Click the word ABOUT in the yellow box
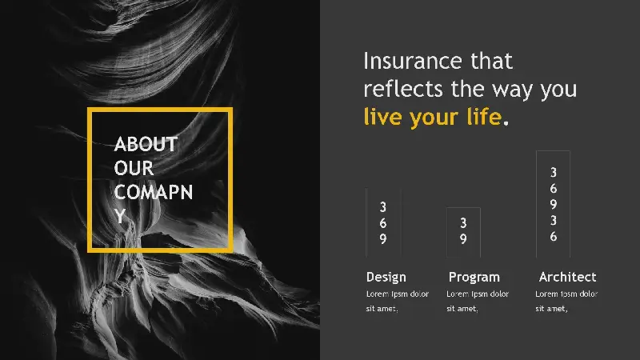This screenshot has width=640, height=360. point(146,144)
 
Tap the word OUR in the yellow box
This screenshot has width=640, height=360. point(134,168)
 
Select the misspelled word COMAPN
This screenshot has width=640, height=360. point(154,192)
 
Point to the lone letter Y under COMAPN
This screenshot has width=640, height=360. point(119,216)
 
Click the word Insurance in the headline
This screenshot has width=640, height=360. point(413,62)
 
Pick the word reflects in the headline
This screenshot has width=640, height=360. point(403,89)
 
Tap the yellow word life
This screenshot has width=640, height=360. point(484,117)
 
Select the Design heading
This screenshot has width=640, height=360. point(386,277)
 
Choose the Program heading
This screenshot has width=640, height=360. point(474,277)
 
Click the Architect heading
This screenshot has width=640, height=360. point(567,277)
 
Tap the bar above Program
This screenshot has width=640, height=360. point(463,232)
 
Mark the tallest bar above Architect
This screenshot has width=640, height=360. point(553,204)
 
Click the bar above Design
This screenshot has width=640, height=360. point(383,223)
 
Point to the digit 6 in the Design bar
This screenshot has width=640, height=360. point(383,223)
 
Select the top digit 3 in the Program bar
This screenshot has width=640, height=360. point(463,223)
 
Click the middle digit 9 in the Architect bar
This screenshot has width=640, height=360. point(553,204)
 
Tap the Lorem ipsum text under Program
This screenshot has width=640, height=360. point(478,302)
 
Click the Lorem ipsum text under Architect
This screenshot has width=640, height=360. point(566,302)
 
